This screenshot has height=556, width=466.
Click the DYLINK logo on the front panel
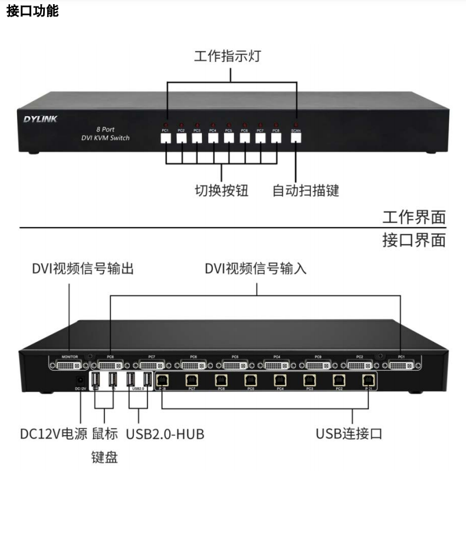(40, 119)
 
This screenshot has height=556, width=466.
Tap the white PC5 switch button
(228, 139)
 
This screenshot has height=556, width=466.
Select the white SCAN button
(296, 139)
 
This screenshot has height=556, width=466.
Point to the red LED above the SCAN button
(296, 124)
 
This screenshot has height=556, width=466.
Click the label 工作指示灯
(227, 57)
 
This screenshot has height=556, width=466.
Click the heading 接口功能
(32, 11)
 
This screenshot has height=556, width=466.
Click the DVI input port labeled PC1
(401, 366)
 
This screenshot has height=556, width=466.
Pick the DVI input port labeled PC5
(235, 366)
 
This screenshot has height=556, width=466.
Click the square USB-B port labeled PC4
(280, 380)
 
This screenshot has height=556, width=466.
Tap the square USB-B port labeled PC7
(191, 380)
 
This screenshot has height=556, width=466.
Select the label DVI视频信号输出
(83, 269)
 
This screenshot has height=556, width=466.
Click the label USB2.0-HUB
(165, 434)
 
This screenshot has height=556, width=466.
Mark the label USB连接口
(349, 434)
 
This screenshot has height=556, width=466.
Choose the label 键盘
(104, 457)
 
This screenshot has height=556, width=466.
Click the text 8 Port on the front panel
(105, 129)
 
